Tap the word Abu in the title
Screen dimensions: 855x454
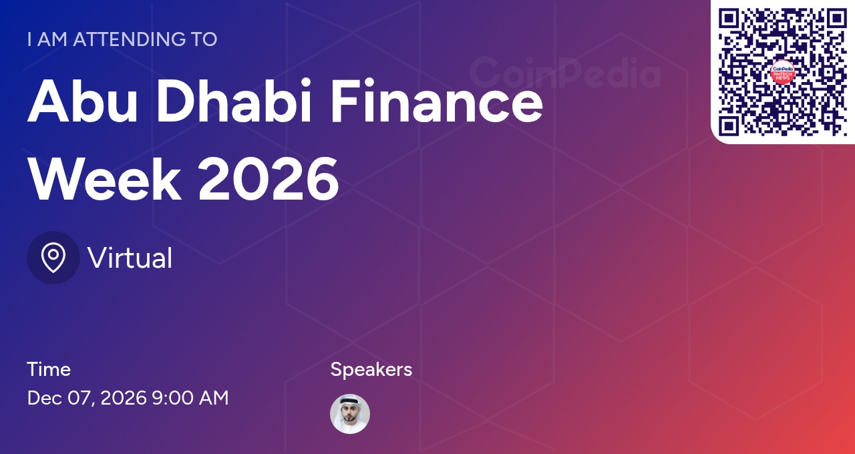pos(82,100)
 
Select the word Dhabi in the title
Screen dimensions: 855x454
pos(234,100)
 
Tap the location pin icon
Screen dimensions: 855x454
pos(53,258)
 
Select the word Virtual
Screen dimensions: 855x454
pos(130,258)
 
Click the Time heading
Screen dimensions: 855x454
pos(49,369)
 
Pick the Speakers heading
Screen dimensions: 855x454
pos(371,370)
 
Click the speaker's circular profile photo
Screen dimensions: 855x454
pos(349,414)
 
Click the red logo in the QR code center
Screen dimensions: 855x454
pos(782,72)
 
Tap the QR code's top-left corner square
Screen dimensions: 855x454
pos(729,18)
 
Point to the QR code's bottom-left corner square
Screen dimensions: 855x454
pos(729,126)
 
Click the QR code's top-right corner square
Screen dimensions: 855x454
pos(837,18)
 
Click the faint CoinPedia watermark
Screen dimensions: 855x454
pos(565,73)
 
